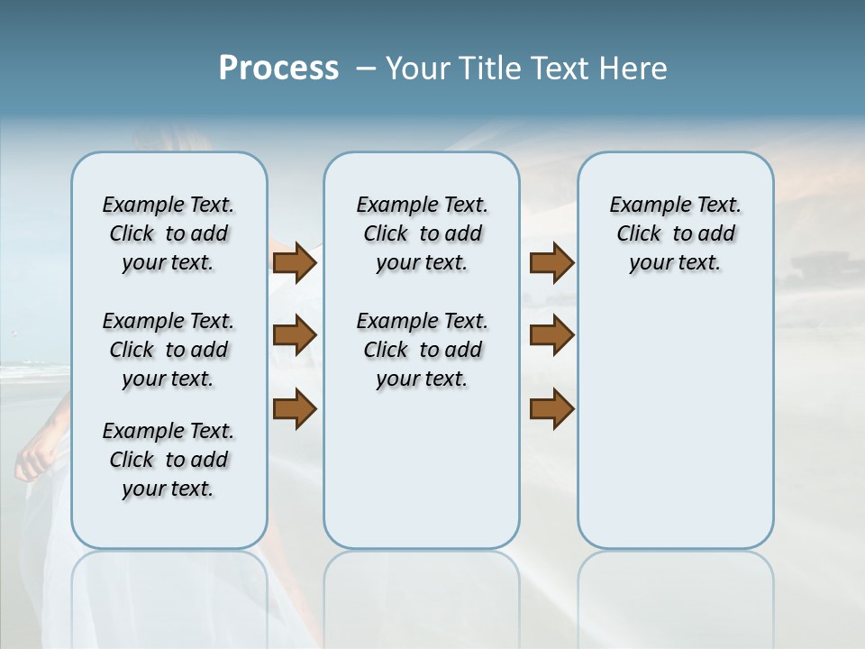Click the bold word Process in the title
[278, 69]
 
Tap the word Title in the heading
[493, 69]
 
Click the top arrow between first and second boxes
[295, 263]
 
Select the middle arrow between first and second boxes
[295, 336]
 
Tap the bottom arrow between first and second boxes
[295, 409]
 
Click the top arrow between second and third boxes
[551, 263]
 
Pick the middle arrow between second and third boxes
[551, 336]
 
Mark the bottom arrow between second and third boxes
[551, 409]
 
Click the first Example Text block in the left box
[168, 234]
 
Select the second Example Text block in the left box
[168, 350]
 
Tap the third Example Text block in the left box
[168, 460]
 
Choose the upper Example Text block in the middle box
[422, 234]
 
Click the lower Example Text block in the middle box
[422, 350]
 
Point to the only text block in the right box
[675, 234]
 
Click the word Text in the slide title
[560, 69]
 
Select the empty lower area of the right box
[675, 424]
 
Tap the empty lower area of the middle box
[422, 469]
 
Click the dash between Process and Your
[367, 69]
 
